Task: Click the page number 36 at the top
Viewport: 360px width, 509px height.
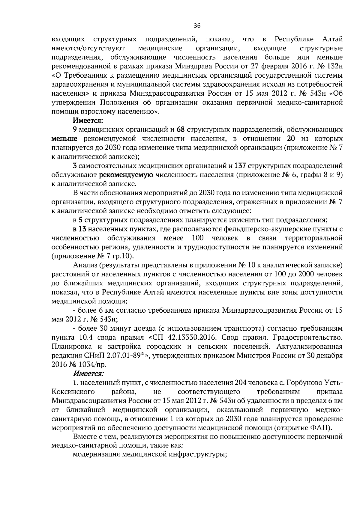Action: (x=197, y=26)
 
